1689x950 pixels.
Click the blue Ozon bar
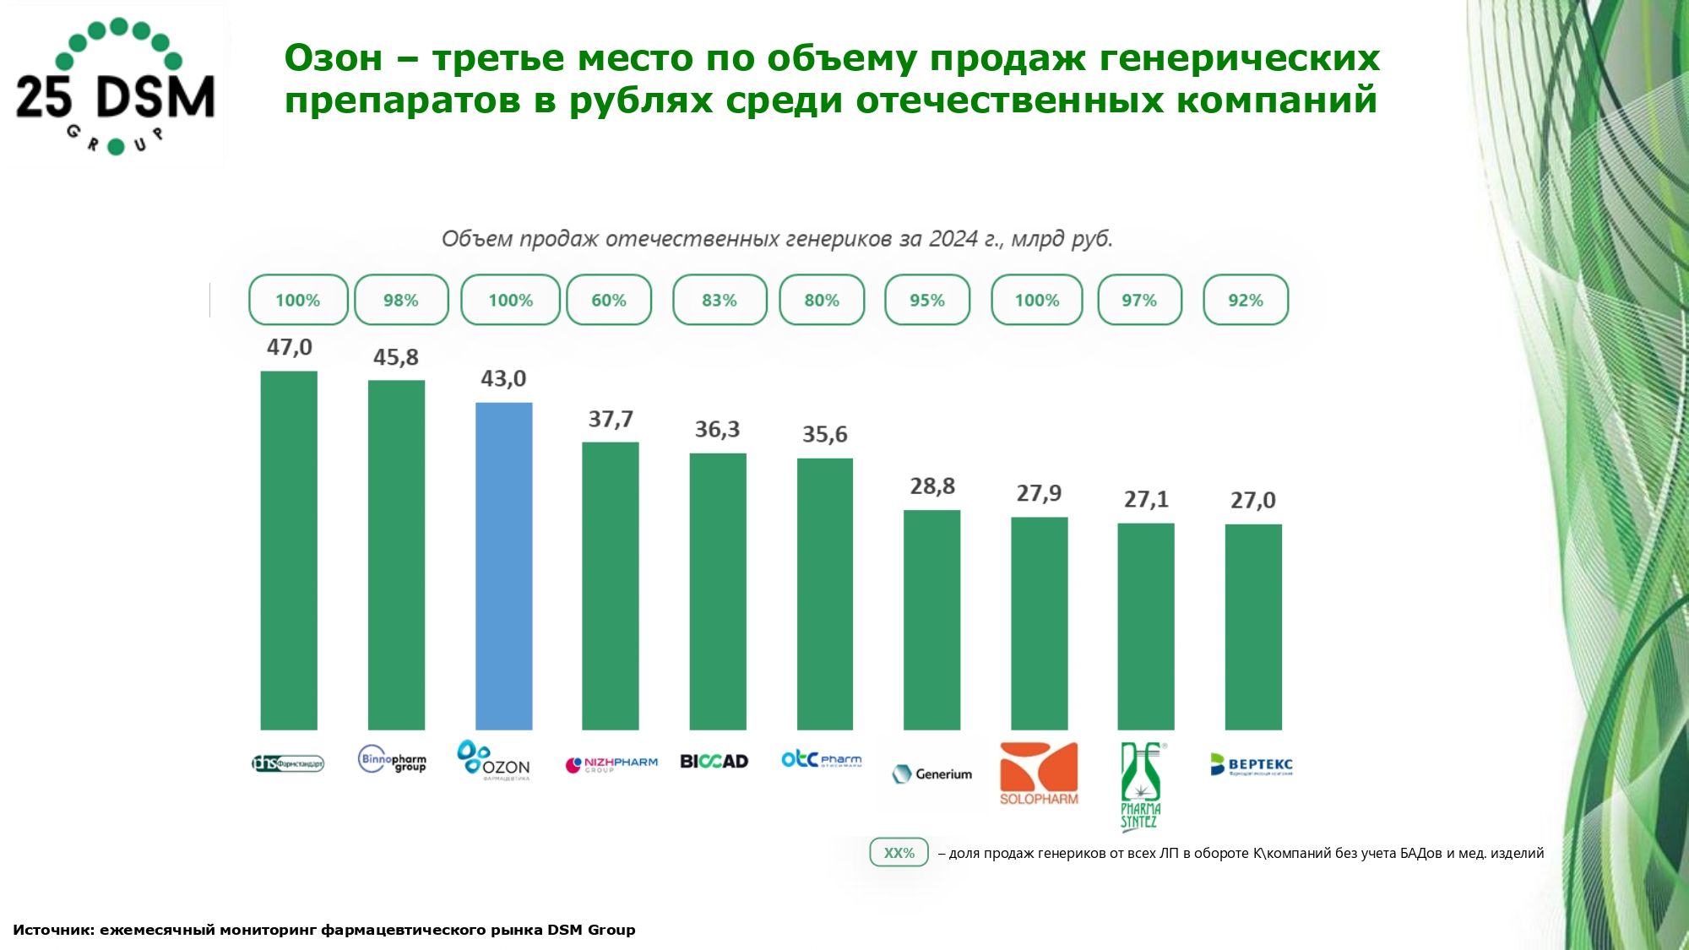503,566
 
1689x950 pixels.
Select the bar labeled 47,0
289,550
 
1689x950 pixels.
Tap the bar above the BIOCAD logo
718,591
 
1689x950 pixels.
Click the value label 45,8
396,358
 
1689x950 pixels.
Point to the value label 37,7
611,420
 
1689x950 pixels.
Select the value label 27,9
1039,494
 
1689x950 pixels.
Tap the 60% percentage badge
609,301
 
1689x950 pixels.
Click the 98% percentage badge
401,301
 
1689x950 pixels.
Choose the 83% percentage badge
720,301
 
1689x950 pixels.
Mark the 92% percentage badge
1246,301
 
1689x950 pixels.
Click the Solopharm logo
1039,774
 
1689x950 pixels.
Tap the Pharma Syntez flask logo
1141,786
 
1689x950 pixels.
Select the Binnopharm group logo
392,760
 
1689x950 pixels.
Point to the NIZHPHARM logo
611,764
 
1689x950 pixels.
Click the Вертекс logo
1251,764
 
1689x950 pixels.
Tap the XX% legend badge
899,853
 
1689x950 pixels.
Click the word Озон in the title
334,59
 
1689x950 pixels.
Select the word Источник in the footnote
52,930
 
